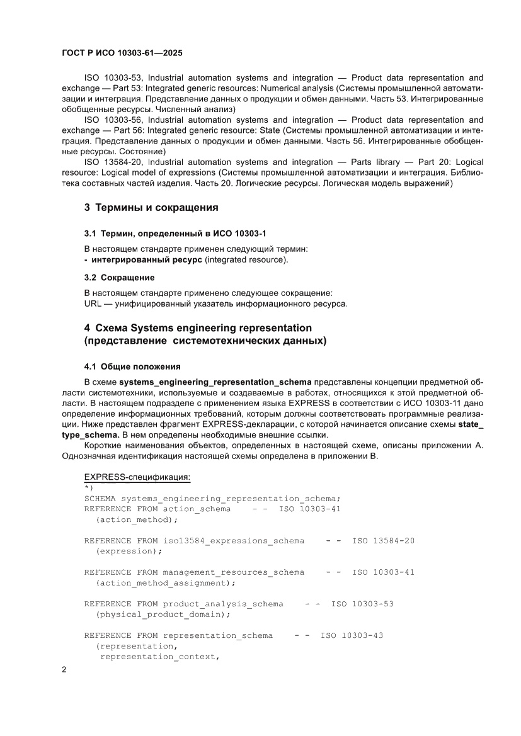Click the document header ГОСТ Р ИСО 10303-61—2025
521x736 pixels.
click(x=122, y=54)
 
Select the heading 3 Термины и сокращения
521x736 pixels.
click(x=151, y=207)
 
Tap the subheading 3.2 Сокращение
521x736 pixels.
click(x=120, y=277)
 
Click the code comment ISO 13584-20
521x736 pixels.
click(x=383, y=541)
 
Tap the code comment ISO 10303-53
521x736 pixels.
click(x=362, y=604)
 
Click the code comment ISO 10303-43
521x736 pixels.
click(x=352, y=635)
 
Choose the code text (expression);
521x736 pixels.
click(x=129, y=551)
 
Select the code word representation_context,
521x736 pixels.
click(x=159, y=657)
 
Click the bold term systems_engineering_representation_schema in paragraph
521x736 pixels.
click(x=215, y=382)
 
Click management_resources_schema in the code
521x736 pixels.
click(x=233, y=572)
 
